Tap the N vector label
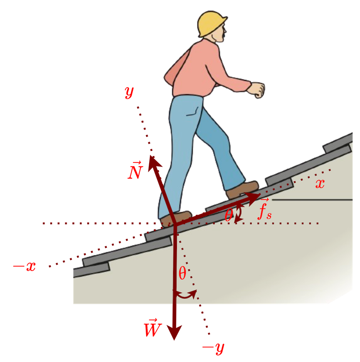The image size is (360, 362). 135,171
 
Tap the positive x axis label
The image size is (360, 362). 320,184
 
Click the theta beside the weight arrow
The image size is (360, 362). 182,274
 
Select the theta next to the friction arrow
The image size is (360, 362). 229,216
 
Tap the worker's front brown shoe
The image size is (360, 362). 242,190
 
